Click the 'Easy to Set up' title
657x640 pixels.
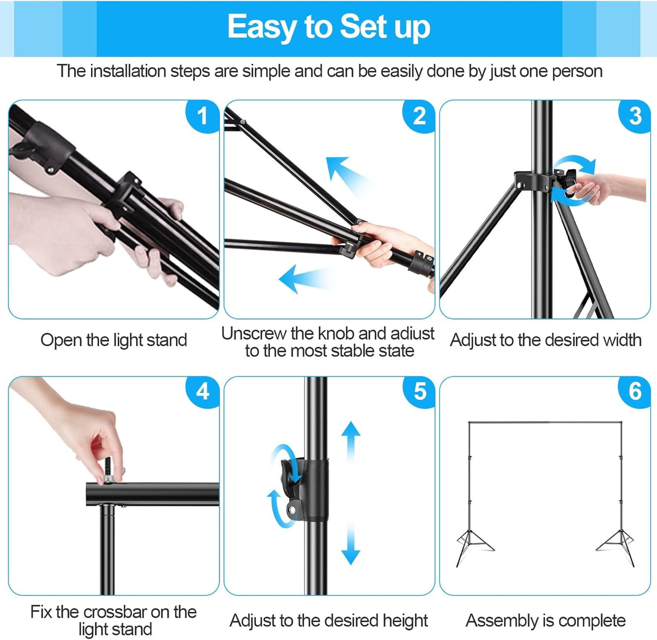click(328, 27)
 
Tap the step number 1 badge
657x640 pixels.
click(202, 116)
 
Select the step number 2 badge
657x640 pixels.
click(419, 116)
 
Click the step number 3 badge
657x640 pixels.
click(634, 116)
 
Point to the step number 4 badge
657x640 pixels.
click(202, 391)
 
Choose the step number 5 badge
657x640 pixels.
click(419, 391)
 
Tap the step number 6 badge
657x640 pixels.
click(634, 391)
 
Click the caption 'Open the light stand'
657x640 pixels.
click(114, 340)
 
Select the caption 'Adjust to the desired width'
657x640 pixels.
click(545, 340)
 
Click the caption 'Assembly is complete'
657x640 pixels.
click(545, 621)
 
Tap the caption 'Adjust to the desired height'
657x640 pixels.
click(328, 621)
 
